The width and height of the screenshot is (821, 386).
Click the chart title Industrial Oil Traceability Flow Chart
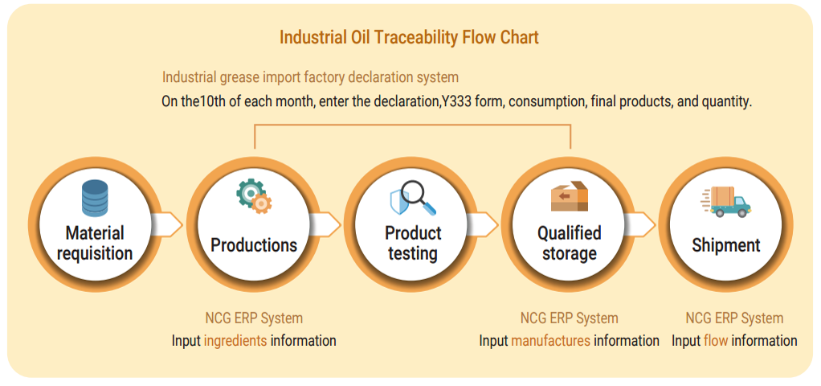409,38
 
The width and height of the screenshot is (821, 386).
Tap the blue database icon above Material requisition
95,198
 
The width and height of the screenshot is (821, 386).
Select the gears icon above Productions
254,196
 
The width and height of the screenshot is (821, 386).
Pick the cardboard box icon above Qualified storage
569,197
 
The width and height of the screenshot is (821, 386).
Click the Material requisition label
95,244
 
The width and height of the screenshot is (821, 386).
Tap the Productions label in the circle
254,245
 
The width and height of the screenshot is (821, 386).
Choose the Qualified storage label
569,244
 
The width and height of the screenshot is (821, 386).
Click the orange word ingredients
235,341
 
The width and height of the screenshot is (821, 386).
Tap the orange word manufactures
550,341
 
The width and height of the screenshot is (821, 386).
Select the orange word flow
716,341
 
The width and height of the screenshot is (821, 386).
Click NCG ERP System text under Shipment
734,318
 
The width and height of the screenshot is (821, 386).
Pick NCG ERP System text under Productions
254,318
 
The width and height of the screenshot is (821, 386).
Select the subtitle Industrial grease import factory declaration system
310,77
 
